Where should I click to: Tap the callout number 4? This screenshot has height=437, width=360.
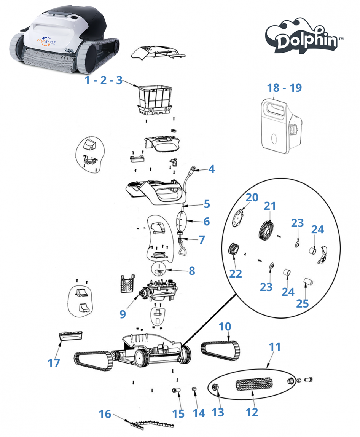(211, 169)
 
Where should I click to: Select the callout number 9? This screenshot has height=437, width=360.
(123, 314)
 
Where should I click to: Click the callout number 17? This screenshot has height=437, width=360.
(54, 363)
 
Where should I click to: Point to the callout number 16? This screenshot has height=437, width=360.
(105, 414)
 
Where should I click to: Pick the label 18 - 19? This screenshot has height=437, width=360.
(284, 88)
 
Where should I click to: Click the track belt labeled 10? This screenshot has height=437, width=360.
(221, 348)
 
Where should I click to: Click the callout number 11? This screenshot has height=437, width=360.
(275, 347)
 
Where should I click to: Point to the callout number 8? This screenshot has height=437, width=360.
(192, 271)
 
